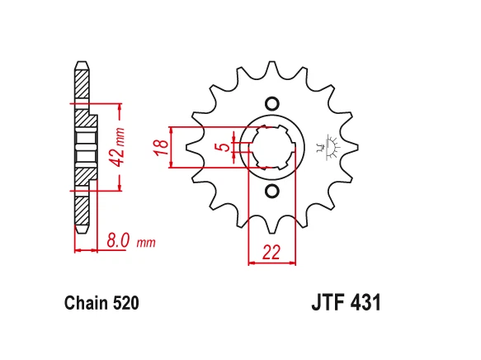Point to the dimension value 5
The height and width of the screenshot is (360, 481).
point(219,148)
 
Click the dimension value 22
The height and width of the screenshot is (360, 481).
point(271,253)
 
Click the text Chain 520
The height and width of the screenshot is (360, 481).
point(101,303)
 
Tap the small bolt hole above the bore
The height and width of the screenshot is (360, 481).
point(271,103)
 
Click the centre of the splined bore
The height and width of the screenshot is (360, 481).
point(271,148)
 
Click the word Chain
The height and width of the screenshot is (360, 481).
point(85,303)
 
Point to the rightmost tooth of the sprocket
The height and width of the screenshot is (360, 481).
point(352,148)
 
